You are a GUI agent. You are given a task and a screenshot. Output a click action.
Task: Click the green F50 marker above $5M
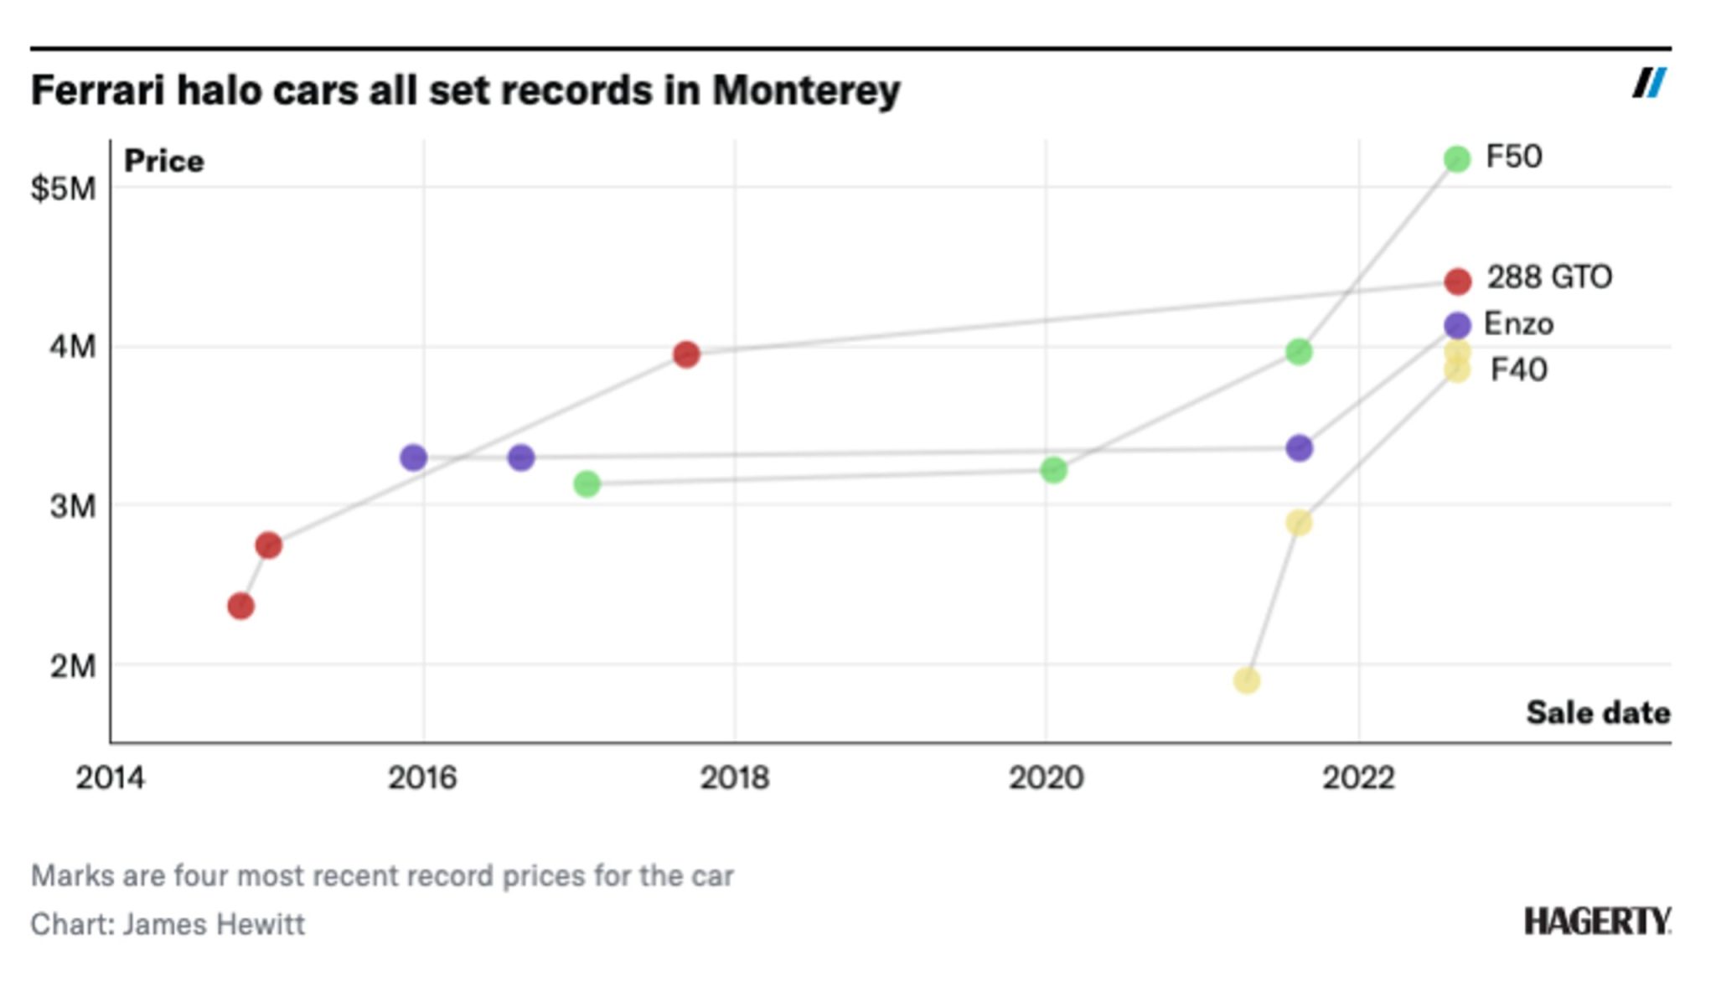pyautogui.click(x=1456, y=158)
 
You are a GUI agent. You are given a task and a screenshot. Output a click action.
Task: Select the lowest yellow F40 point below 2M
pyautogui.click(x=1246, y=680)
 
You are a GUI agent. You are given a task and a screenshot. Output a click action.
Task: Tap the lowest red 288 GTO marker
pyautogui.click(x=240, y=606)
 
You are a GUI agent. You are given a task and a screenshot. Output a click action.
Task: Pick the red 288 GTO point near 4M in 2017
pyautogui.click(x=685, y=354)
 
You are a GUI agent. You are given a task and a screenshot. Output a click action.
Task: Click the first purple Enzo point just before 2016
pyautogui.click(x=413, y=457)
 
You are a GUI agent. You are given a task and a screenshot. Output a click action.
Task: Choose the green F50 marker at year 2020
pyautogui.click(x=1053, y=470)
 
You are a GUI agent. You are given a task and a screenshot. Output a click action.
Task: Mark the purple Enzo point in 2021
pyautogui.click(x=1299, y=448)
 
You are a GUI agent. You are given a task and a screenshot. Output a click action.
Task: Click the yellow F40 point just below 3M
pyautogui.click(x=1299, y=523)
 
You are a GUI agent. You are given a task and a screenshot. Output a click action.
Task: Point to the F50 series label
pyautogui.click(x=1513, y=158)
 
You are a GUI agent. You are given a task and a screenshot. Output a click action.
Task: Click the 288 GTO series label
pyautogui.click(x=1548, y=277)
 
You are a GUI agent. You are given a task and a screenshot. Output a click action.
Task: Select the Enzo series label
pyautogui.click(x=1518, y=324)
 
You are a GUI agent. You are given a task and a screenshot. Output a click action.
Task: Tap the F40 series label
pyautogui.click(x=1518, y=370)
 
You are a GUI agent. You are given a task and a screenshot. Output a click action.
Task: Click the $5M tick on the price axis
pyautogui.click(x=64, y=189)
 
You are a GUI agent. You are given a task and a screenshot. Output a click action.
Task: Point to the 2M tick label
pyautogui.click(x=73, y=666)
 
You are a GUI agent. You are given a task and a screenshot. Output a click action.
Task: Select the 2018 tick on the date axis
pyautogui.click(x=734, y=778)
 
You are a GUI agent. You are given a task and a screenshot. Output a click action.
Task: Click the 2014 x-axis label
pyautogui.click(x=110, y=778)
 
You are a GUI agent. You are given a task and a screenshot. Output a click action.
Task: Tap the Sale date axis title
pyautogui.click(x=1597, y=713)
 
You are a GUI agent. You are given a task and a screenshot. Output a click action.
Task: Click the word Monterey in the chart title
pyautogui.click(x=806, y=90)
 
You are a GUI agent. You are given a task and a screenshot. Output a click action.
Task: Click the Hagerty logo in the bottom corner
pyautogui.click(x=1596, y=922)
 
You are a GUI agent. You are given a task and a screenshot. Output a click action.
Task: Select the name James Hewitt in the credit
pyautogui.click(x=214, y=924)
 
